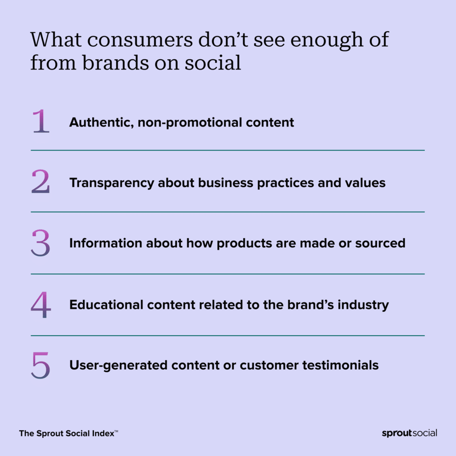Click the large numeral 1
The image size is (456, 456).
point(41,121)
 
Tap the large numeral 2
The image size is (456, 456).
point(41,182)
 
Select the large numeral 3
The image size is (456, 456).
point(41,243)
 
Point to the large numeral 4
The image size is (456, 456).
point(41,305)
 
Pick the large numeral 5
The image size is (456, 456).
point(41,365)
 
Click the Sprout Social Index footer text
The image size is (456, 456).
point(68,433)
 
